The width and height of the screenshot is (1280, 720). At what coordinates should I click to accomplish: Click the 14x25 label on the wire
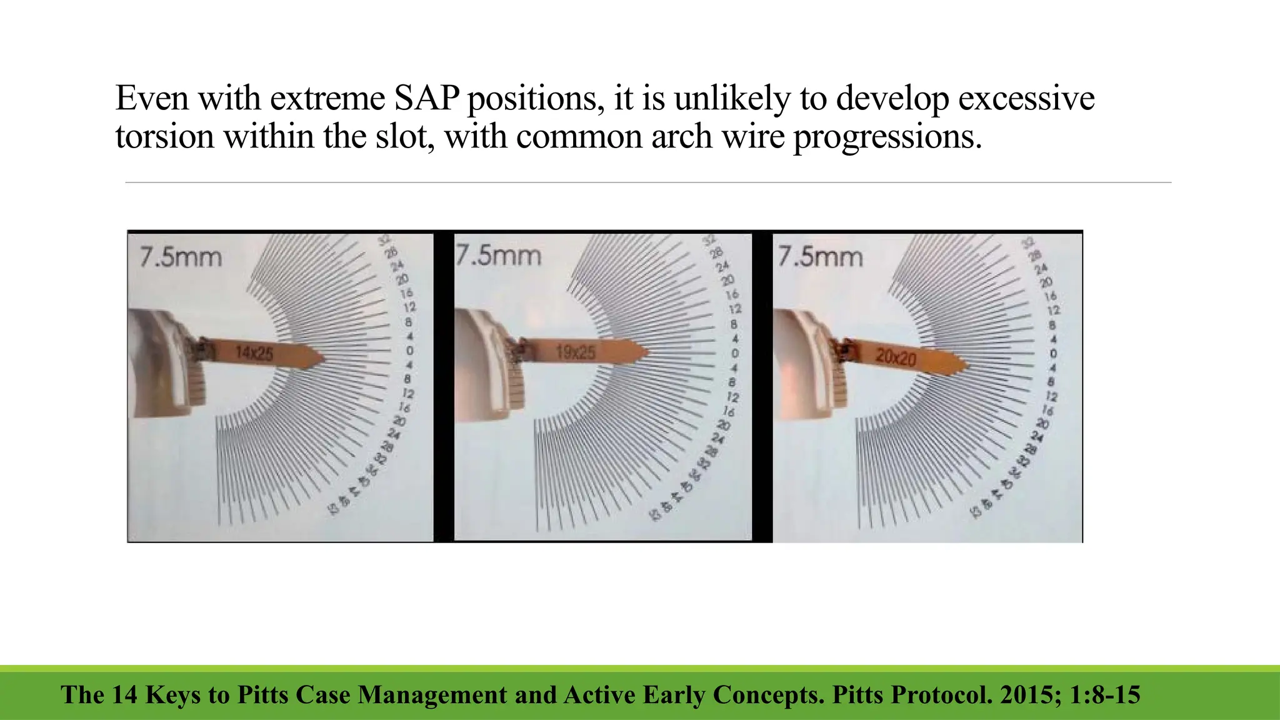tap(254, 354)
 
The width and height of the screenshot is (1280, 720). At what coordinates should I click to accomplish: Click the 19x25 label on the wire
tap(575, 352)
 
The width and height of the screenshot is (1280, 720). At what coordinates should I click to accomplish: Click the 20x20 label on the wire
tap(896, 357)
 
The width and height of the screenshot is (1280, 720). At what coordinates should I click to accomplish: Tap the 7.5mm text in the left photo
tap(181, 257)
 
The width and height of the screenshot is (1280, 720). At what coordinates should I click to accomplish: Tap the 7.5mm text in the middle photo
tap(498, 256)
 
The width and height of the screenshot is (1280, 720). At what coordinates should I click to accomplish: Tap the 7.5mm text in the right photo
tap(820, 256)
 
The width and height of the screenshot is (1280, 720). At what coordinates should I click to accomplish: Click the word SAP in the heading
tap(427, 98)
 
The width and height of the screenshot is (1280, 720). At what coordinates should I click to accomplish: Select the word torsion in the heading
tap(165, 136)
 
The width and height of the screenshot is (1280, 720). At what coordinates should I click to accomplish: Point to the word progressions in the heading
tap(887, 136)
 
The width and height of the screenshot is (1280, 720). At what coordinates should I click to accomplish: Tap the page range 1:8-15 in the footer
tap(1105, 695)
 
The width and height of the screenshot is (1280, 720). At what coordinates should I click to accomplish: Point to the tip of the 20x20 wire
tap(967, 366)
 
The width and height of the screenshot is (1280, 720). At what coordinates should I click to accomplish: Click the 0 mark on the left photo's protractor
tap(409, 351)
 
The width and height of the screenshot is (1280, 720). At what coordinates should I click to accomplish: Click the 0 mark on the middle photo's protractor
tap(735, 353)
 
